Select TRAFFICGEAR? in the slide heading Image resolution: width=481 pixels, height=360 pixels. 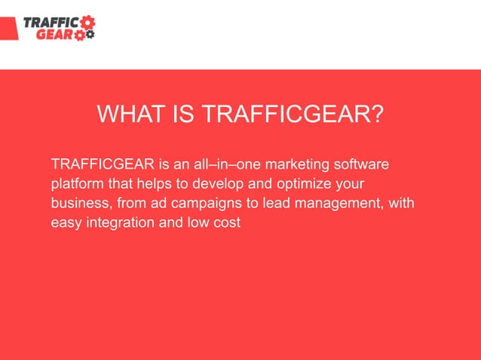coord(295,116)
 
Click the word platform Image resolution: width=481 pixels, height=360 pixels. coord(75,184)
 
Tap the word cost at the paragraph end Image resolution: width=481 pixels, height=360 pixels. coord(226,223)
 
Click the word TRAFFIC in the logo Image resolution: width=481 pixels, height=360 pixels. coord(51,22)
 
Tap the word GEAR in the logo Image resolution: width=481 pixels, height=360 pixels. coord(57,34)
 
